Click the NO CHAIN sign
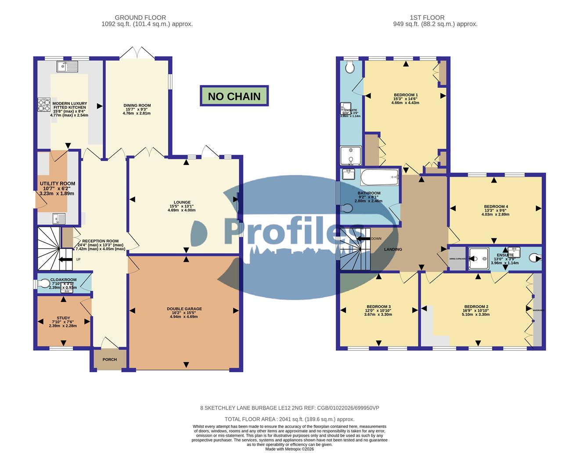(234, 96)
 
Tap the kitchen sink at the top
(67, 67)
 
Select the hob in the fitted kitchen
(44, 105)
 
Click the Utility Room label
(58, 184)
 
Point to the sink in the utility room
(58, 218)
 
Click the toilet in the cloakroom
(44, 284)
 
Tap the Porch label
(110, 359)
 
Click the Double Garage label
(184, 309)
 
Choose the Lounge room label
(182, 202)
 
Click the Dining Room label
(137, 105)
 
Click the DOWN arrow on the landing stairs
(364, 239)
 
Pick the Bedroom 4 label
(496, 207)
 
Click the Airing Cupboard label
(457, 259)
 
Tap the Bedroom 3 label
(379, 307)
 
